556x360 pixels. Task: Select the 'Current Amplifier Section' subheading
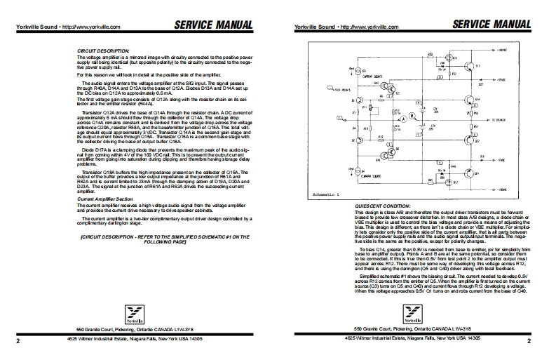tap(104, 199)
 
